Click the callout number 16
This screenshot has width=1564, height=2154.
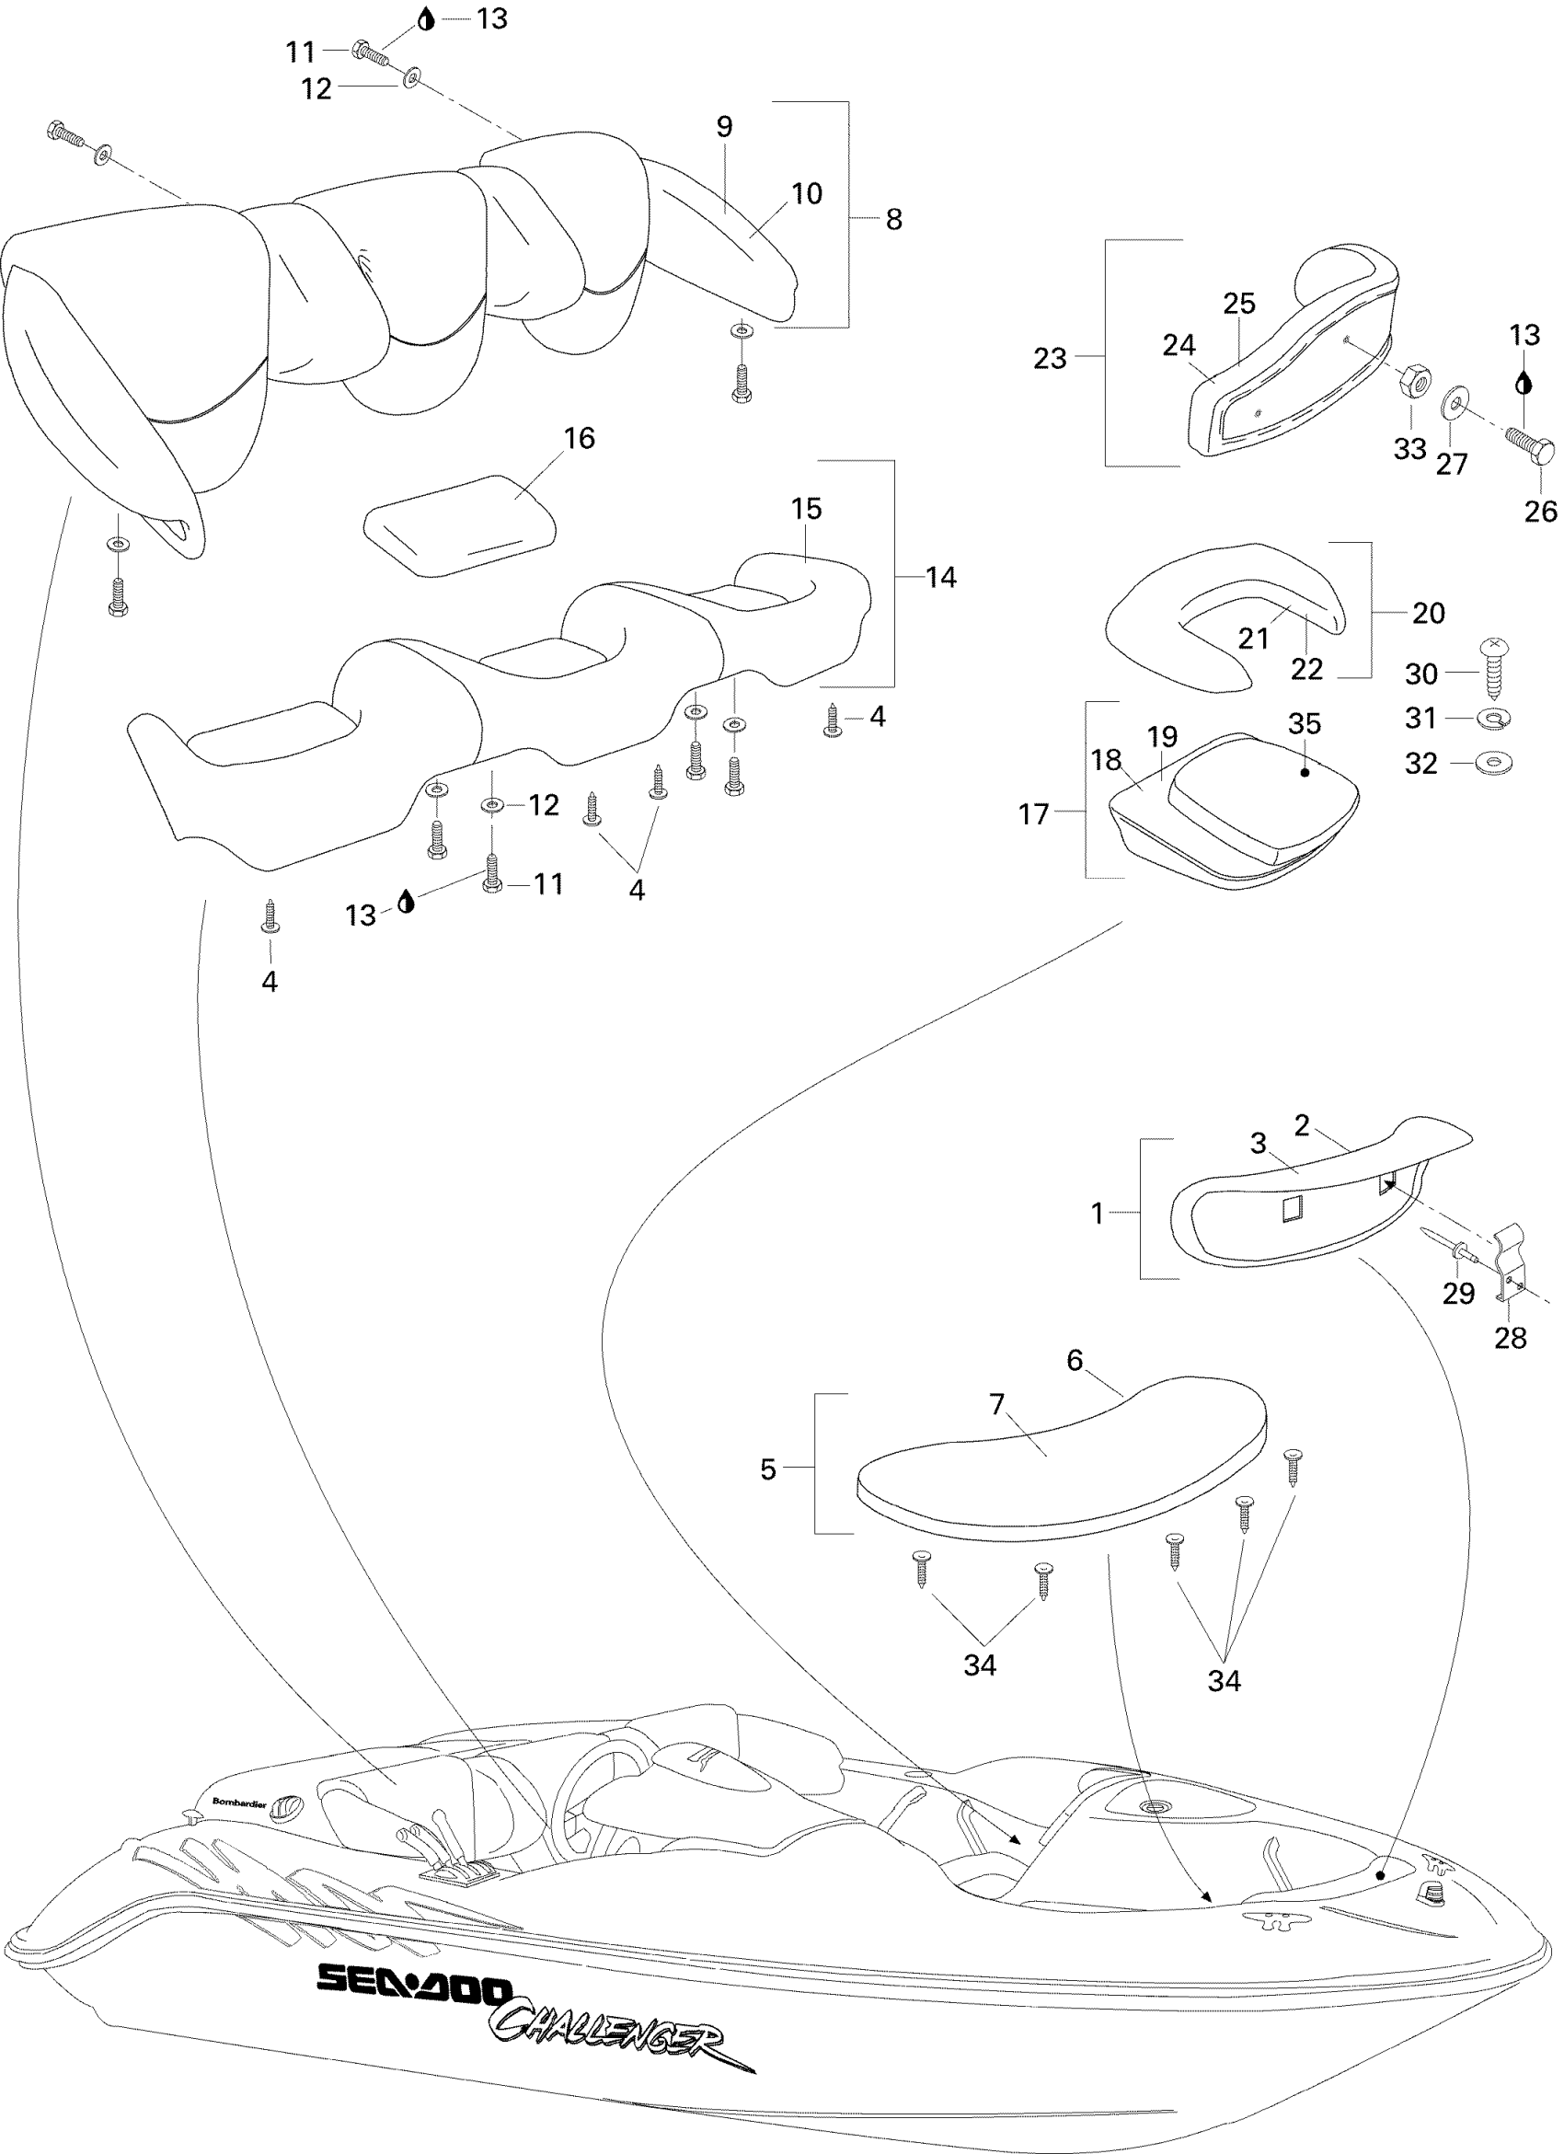(x=580, y=438)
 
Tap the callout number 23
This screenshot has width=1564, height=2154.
(x=1050, y=359)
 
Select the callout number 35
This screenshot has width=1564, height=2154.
(x=1304, y=724)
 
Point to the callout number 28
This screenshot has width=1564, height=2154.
(x=1510, y=1338)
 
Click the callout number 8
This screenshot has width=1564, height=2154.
(x=893, y=219)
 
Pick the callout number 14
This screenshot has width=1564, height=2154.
(x=941, y=578)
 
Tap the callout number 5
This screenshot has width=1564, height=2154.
(x=768, y=1469)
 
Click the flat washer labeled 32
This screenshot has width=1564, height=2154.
(x=1496, y=763)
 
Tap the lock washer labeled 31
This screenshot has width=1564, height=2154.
(x=1496, y=719)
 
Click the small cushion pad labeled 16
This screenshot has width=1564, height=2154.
(x=461, y=525)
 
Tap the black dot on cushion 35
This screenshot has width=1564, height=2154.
(x=1305, y=772)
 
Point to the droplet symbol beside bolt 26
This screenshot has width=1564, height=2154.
(x=1524, y=383)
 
